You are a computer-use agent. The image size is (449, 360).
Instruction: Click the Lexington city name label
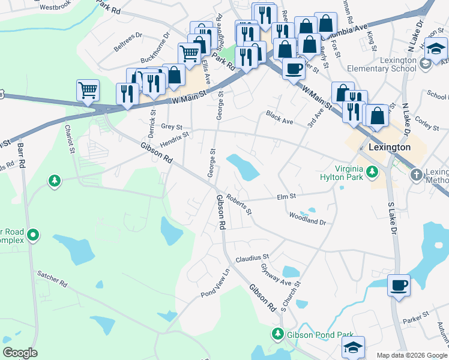click(x=390, y=147)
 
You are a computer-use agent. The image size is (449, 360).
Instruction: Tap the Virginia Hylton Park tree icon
click(x=372, y=173)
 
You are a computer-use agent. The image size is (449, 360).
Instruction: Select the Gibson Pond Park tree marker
click(x=278, y=334)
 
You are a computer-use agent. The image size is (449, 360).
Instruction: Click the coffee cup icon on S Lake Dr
click(x=399, y=285)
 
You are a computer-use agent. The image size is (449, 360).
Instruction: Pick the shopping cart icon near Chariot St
click(x=88, y=91)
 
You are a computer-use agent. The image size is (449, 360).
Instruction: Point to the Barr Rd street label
click(x=22, y=155)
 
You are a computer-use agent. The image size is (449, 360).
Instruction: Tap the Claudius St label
click(x=251, y=259)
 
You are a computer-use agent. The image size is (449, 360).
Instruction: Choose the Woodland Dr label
click(x=307, y=218)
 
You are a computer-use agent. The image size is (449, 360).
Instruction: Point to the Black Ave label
click(x=279, y=118)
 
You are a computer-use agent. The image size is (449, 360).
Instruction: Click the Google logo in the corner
click(x=20, y=353)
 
